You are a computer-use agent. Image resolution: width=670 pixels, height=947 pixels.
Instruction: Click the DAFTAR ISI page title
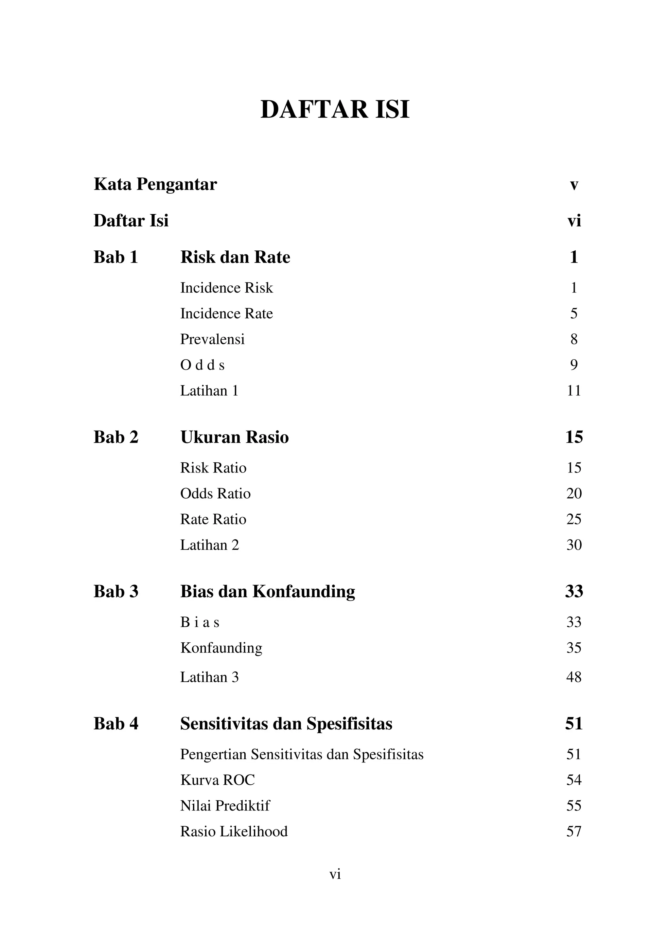coord(335,110)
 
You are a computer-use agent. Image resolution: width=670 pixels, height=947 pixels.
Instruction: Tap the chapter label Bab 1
coord(115,257)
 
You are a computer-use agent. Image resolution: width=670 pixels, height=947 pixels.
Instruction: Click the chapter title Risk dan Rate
coord(235,257)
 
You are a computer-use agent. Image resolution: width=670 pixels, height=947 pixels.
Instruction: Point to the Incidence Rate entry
coord(226,313)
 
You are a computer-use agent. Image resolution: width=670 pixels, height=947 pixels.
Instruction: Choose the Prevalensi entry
coord(212,339)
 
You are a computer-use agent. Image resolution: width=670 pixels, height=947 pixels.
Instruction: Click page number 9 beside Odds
coord(574,365)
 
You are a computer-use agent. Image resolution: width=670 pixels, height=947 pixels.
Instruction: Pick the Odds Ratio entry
coord(215,493)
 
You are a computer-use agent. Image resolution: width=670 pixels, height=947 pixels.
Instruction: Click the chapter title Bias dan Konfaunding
coord(267,591)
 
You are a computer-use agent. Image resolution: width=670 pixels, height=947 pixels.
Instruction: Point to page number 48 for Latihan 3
coord(574,677)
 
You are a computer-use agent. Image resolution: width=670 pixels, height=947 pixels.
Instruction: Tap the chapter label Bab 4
coord(116,724)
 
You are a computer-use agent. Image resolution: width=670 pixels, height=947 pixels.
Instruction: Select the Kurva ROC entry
coord(218,780)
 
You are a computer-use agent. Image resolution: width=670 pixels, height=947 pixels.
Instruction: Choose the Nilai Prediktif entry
coord(225,805)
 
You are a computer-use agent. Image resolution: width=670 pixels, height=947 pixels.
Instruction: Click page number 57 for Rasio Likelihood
coord(574,831)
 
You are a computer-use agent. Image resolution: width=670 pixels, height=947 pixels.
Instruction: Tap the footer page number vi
coord(335,874)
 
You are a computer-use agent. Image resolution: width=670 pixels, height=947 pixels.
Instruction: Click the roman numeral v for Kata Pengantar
coord(574,185)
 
